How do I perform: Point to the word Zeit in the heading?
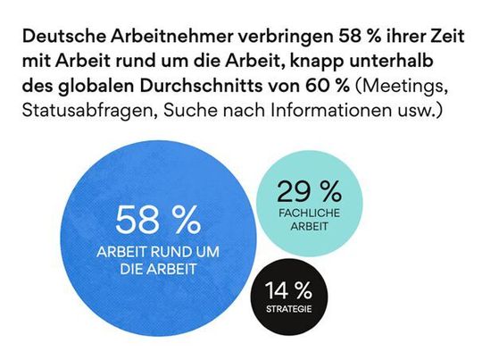pos(438,39)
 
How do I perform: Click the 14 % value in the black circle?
pos(287,291)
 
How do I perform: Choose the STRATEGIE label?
pos(287,311)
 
